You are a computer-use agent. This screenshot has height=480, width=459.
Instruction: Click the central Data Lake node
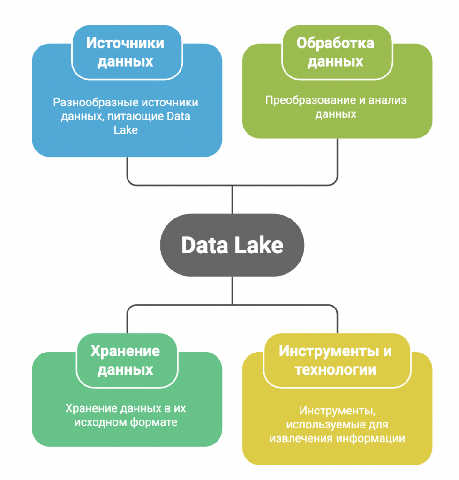232,245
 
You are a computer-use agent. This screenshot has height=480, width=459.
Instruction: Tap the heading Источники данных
126,52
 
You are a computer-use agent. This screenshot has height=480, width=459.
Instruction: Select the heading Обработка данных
336,52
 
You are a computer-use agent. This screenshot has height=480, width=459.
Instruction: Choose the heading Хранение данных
125,360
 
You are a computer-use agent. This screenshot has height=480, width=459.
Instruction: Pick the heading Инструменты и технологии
335,360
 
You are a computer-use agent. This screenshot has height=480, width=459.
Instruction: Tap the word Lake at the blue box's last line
126,130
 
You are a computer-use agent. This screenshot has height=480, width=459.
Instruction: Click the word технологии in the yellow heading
335,369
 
